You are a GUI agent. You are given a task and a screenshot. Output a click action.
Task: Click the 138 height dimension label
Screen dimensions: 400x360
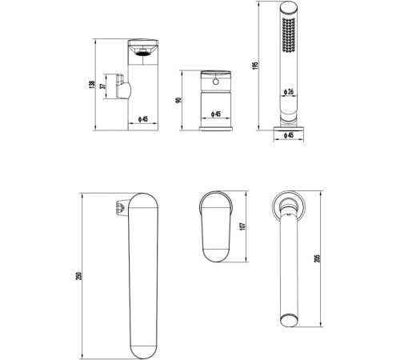coord(92,85)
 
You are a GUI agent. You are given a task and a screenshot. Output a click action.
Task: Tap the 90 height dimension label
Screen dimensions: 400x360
coord(178,100)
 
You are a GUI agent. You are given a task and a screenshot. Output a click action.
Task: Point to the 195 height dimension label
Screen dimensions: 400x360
coord(255,66)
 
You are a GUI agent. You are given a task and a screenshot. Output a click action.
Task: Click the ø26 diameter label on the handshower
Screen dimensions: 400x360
coord(289,92)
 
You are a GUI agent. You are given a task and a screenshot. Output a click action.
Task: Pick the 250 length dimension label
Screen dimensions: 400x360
coord(78,276)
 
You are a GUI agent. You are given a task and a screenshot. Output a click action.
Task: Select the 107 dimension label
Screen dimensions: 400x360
coord(242,226)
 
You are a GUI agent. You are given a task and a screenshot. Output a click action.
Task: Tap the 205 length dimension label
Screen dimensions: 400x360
coord(317,258)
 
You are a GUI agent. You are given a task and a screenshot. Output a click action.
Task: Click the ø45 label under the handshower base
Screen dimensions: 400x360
coord(289,135)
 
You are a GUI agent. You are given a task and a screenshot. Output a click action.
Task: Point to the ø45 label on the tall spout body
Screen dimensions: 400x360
coord(143,119)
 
